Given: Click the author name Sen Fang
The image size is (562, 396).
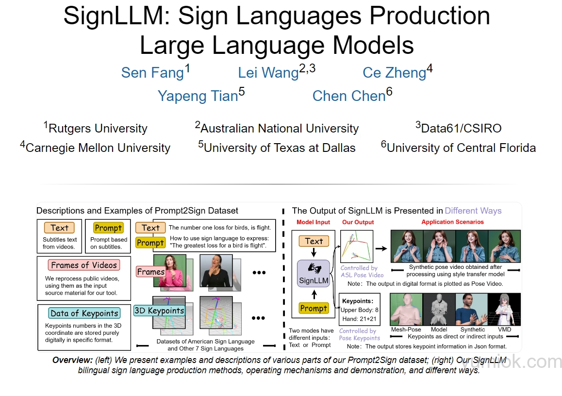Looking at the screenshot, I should [152, 73].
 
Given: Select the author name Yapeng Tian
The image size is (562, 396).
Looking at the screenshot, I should [198, 96].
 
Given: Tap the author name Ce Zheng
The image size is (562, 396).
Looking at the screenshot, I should [394, 73].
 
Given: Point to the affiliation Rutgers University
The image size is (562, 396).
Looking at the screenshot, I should [98, 129].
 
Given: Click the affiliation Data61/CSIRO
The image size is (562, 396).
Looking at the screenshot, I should [461, 129].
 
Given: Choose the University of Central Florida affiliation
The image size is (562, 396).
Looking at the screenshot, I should [461, 148].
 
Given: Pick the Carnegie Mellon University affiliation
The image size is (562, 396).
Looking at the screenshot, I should [98, 148].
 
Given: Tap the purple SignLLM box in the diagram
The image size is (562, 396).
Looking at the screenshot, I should [314, 274].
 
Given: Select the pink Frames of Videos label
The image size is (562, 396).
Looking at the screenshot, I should [84, 265].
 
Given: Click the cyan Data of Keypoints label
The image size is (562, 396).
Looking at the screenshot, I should [84, 313].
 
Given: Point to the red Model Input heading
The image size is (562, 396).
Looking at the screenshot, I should [313, 222].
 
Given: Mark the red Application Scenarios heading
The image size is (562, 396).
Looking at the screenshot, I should [452, 222].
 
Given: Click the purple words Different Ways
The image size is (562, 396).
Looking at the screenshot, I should [473, 211].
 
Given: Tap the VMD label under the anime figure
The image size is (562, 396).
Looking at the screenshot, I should [504, 330].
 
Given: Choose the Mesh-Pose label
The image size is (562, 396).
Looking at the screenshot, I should [406, 330].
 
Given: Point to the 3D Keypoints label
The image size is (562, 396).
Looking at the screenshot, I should [159, 311].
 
